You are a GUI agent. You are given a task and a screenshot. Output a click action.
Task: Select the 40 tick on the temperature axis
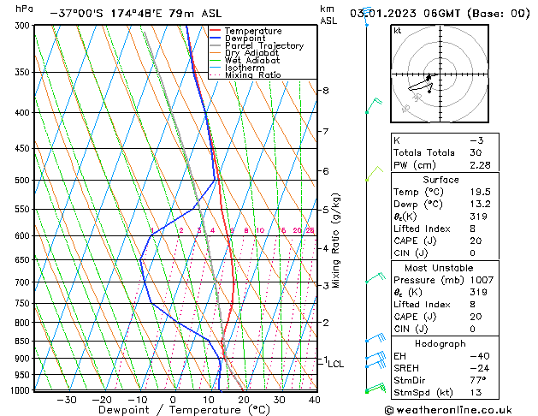pos(315,400)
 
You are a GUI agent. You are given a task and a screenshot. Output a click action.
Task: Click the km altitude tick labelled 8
pos(326,91)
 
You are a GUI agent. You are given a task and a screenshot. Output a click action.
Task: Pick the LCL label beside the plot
pos(336,364)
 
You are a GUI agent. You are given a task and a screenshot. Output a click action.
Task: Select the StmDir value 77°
pos(477,380)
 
